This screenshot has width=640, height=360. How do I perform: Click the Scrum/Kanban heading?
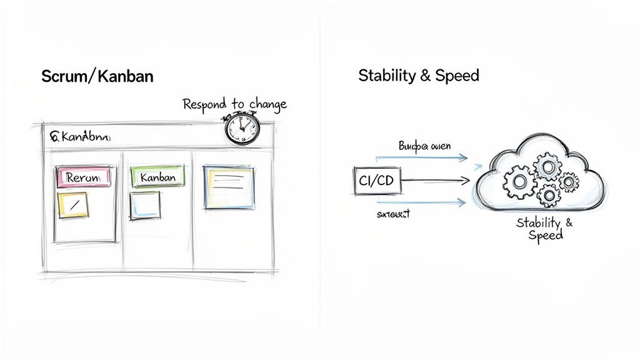tap(97, 77)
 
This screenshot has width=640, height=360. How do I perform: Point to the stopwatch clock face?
tap(241, 129)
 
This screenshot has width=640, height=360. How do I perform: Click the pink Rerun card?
tap(84, 177)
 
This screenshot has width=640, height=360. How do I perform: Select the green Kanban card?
tap(157, 177)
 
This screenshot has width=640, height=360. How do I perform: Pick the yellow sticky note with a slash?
tap(72, 205)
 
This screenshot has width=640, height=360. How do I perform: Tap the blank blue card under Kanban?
tap(145, 204)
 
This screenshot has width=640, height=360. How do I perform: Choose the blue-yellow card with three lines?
tap(229, 186)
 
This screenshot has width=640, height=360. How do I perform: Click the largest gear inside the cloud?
tap(518, 182)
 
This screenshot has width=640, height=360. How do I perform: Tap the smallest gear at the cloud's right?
tap(568, 182)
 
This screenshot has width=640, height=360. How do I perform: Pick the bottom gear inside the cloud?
tap(548, 196)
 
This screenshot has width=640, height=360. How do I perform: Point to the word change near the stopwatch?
tap(267, 103)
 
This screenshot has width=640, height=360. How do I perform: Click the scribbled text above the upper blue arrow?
tap(424, 146)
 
